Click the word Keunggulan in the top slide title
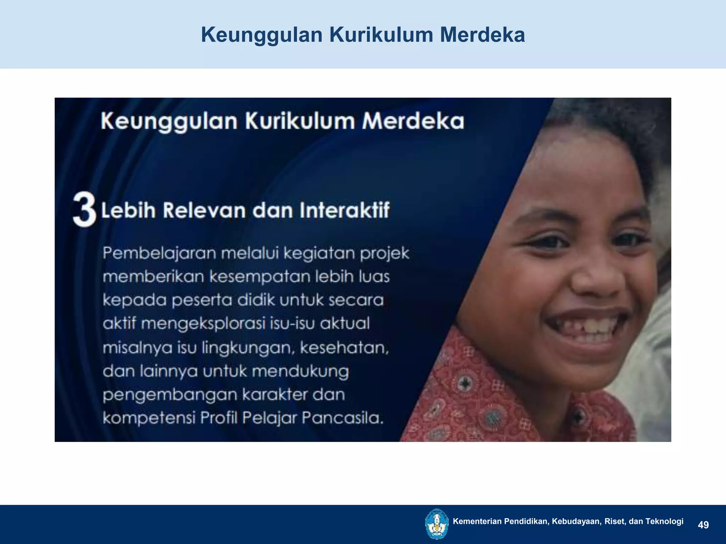tap(262, 35)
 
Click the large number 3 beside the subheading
tap(84, 210)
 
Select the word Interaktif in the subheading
tap(345, 210)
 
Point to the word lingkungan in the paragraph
tap(248, 348)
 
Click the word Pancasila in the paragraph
tap(343, 418)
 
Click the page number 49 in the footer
tap(703, 525)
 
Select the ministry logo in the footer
tap(436, 524)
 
